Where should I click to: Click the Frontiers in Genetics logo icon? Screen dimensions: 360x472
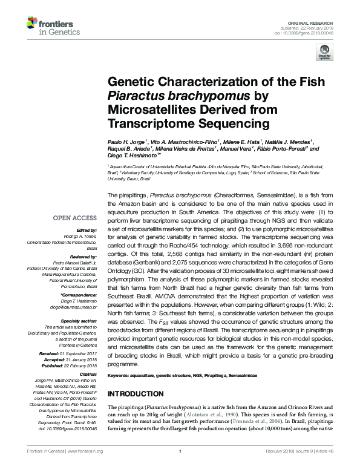(33, 24)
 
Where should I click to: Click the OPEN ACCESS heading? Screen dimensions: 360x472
(75, 218)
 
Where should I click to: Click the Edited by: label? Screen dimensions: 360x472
(86, 231)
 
